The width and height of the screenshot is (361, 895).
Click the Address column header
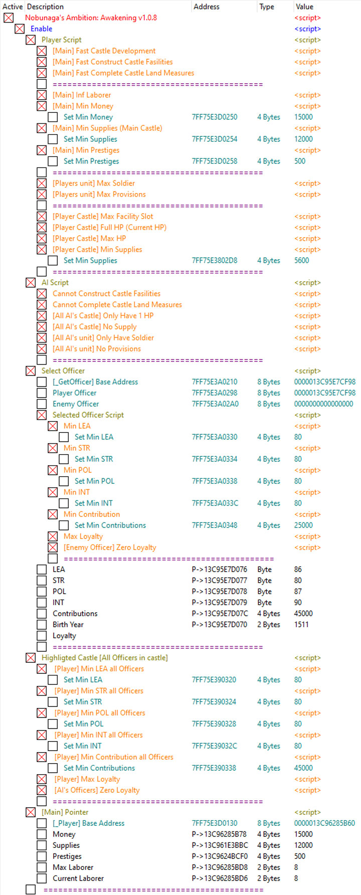(207, 7)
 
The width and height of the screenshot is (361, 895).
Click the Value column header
(304, 7)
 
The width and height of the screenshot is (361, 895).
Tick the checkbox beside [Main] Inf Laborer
(42, 95)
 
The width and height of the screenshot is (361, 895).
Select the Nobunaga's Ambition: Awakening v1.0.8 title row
(91, 18)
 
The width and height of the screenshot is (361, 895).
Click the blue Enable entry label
(41, 29)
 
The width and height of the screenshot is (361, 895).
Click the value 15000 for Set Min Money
(303, 117)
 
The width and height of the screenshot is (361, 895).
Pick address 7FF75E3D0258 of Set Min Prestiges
(215, 161)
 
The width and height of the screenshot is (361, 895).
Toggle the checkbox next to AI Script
(31, 283)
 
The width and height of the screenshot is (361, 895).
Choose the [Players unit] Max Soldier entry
(94, 183)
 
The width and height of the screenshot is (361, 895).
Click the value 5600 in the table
(301, 260)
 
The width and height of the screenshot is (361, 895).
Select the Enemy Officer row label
(76, 404)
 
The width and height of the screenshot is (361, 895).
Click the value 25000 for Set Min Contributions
(303, 525)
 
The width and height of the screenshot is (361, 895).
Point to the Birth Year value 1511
(301, 624)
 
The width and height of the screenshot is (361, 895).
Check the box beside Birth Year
(42, 625)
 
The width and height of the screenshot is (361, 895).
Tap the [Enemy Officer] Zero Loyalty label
(110, 547)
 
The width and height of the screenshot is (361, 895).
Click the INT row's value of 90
(298, 602)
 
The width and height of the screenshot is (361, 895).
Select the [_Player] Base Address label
(88, 823)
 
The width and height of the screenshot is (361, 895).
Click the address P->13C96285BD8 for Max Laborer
(220, 867)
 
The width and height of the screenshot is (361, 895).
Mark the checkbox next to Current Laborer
(42, 878)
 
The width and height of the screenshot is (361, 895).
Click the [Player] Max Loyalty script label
(87, 779)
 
